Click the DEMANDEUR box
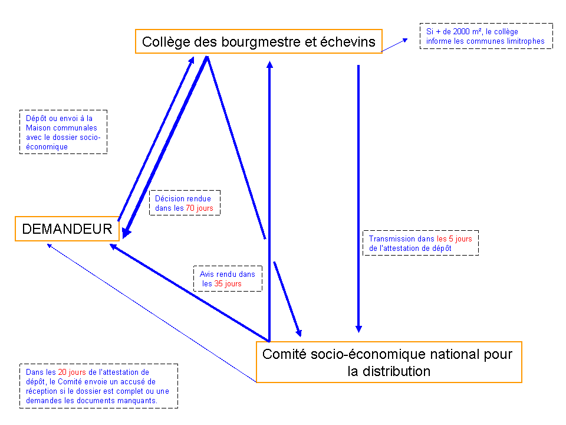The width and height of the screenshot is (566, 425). (x=67, y=229)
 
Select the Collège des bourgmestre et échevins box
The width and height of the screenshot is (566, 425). (x=258, y=41)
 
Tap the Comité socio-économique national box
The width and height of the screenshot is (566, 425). (x=389, y=362)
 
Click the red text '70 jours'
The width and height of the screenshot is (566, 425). (x=199, y=208)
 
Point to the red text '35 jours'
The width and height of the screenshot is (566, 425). (x=228, y=284)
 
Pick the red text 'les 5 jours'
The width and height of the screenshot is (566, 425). (x=455, y=239)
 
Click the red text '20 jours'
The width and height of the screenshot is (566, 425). (x=72, y=372)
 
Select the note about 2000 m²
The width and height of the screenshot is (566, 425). (x=486, y=36)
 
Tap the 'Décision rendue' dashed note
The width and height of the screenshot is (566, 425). (x=185, y=202)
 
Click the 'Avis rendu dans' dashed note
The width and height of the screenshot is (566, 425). (x=228, y=279)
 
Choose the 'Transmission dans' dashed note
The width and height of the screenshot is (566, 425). (x=420, y=243)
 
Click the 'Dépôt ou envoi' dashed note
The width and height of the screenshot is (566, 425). (x=63, y=132)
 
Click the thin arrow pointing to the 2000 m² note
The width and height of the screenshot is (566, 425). (x=395, y=45)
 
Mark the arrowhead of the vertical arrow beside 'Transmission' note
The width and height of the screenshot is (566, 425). (x=358, y=329)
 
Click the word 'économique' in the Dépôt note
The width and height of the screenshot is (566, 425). (x=47, y=147)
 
